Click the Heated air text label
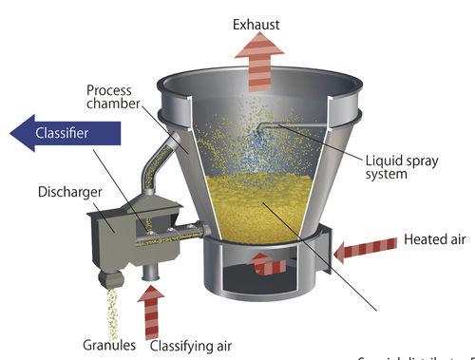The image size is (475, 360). [433, 238]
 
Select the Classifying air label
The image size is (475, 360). [190, 346]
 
